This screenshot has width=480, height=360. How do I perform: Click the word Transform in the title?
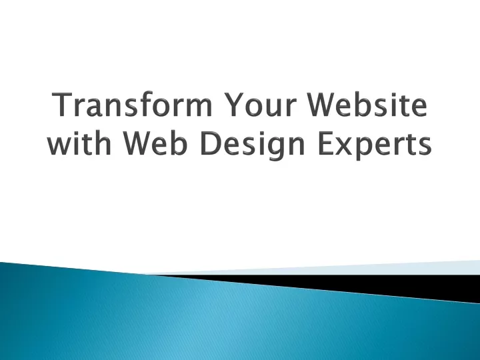point(133,104)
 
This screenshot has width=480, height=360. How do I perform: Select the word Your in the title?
point(260,105)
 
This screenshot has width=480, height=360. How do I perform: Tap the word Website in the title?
point(367,104)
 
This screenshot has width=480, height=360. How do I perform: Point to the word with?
point(79,143)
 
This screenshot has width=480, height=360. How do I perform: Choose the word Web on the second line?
point(154,143)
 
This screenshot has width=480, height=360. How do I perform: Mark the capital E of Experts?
point(326,143)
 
